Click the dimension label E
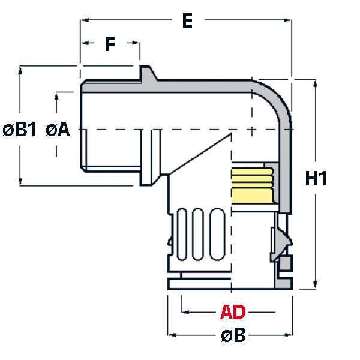pyautogui.click(x=187, y=21)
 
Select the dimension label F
pyautogui.click(x=109, y=44)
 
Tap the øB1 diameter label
pyautogui.click(x=20, y=130)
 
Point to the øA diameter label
pyautogui.click(x=58, y=130)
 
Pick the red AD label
pyautogui.click(x=233, y=313)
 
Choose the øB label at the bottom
pyautogui.click(x=233, y=335)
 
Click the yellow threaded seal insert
pyautogui.click(x=251, y=184)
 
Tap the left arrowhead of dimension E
pyautogui.click(x=83, y=20)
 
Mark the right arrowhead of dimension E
pyautogui.click(x=287, y=20)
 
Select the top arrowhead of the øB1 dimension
pyautogui.click(x=21, y=69)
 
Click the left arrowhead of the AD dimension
pyautogui.click(x=185, y=312)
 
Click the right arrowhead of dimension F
pyautogui.click(x=137, y=43)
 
